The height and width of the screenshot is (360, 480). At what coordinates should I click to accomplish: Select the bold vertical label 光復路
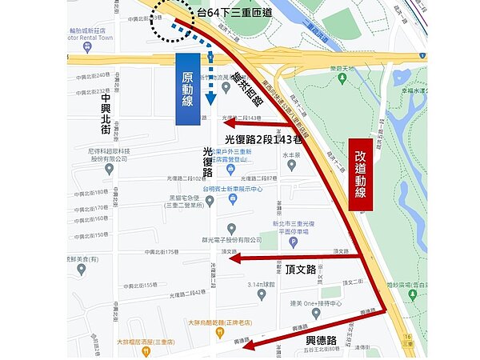208,161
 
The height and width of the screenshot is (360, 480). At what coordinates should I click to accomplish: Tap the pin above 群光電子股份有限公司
231,228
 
